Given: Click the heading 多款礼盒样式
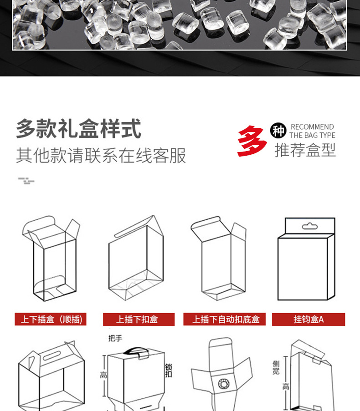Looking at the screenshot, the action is tap(78, 129).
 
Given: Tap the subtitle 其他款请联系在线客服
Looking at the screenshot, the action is tap(101, 156).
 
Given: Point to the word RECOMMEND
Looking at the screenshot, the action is tap(312, 127).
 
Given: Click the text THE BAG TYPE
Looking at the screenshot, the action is tap(312, 135).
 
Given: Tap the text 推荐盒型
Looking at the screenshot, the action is tap(305, 150).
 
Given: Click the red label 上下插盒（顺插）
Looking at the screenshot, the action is tap(50, 319).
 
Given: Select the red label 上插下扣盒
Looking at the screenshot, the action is tap(138, 319).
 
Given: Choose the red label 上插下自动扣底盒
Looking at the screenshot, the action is tap(226, 319).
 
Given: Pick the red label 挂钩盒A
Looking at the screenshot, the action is tap(309, 319).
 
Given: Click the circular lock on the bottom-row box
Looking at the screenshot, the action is tap(224, 383).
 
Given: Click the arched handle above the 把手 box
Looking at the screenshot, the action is tap(134, 350).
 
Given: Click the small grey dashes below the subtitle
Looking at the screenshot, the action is tap(26, 181).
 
